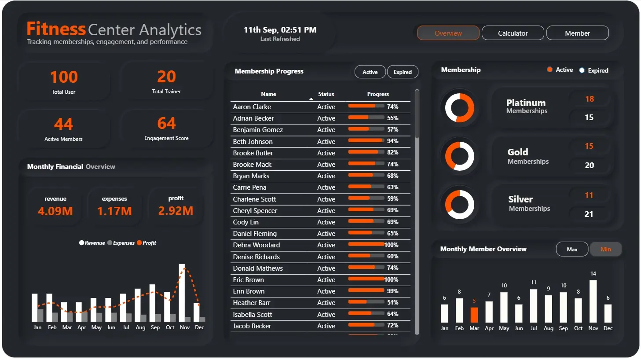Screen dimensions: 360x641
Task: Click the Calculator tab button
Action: click(513, 33)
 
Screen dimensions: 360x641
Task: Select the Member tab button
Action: click(577, 33)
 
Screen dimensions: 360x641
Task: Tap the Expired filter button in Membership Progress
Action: click(403, 72)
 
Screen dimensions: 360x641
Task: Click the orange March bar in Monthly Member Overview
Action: click(474, 315)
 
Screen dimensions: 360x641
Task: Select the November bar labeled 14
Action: click(593, 301)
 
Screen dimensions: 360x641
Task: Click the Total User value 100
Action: click(64, 77)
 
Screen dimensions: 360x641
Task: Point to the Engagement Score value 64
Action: click(166, 123)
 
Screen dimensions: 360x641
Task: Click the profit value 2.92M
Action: click(176, 211)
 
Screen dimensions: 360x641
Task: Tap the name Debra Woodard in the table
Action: click(256, 245)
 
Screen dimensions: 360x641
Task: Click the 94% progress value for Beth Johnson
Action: click(392, 141)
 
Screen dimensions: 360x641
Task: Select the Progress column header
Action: click(378, 94)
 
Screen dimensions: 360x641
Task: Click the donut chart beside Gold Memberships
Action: click(460, 156)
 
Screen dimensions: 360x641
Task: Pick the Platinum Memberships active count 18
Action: click(590, 99)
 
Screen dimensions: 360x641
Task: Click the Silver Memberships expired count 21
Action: click(589, 214)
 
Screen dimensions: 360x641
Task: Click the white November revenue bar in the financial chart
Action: click(182, 290)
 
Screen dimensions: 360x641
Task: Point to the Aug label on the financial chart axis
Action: click(140, 327)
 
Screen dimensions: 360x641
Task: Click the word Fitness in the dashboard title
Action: click(56, 29)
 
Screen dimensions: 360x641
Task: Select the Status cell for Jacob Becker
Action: click(326, 326)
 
